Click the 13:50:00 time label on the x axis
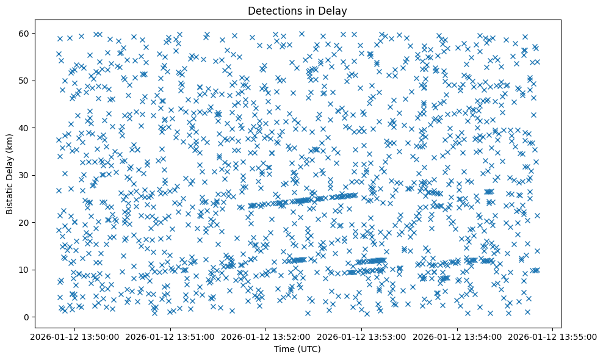click(75, 336)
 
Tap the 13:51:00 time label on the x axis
click(170, 336)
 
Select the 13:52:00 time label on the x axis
click(266, 336)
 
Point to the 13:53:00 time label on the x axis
click(362, 336)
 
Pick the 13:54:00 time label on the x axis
click(457, 336)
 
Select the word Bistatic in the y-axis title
click(10, 195)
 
